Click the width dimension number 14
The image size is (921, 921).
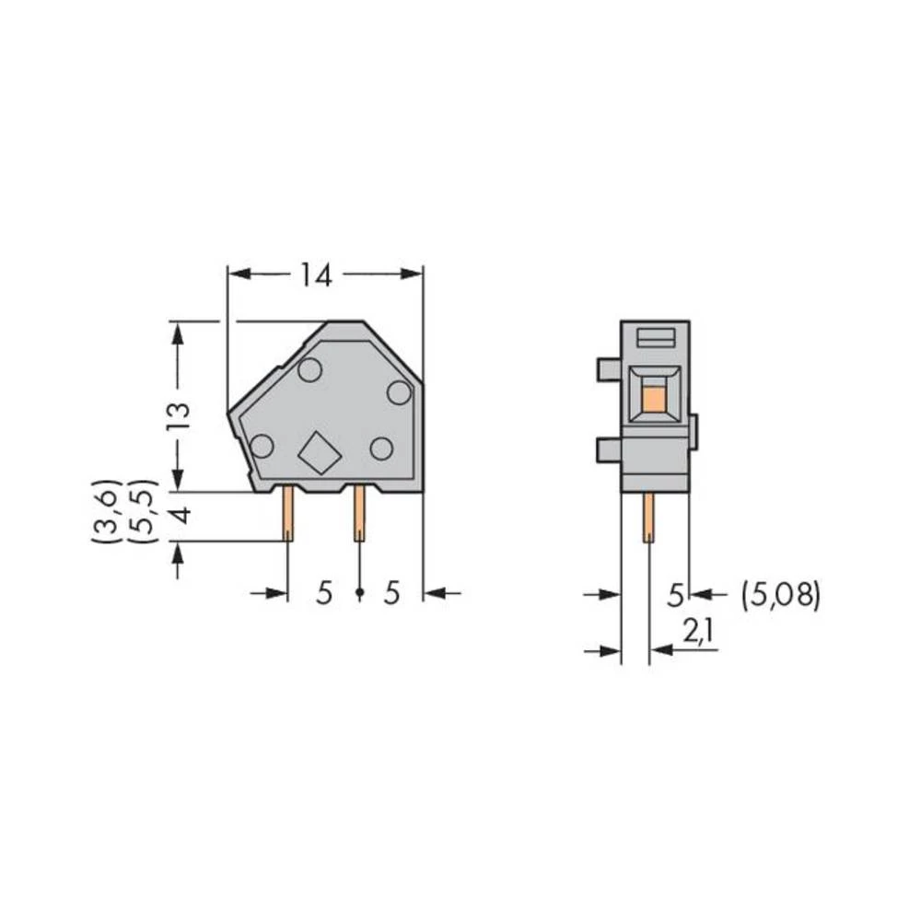pos(315,274)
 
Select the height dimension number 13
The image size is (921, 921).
pos(180,416)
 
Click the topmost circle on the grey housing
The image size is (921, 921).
pos(309,370)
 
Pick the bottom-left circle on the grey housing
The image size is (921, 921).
pos(262,447)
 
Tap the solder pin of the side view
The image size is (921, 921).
pos(648,517)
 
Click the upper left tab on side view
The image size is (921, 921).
pos(609,370)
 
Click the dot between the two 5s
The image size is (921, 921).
pos(359,594)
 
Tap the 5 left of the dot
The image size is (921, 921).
pos(324,594)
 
